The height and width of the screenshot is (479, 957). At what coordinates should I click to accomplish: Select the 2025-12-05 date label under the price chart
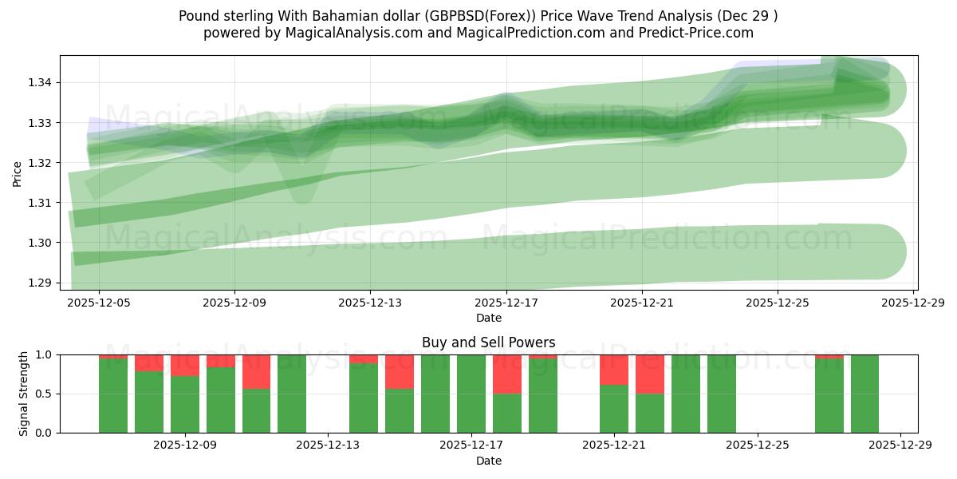click(99, 303)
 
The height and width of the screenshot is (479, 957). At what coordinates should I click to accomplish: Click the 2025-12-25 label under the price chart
click(778, 303)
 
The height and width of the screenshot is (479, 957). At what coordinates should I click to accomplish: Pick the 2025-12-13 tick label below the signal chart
click(328, 446)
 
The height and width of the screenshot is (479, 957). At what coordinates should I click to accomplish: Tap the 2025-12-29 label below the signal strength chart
click(900, 446)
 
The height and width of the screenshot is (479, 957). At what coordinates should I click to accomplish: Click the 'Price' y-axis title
click(18, 172)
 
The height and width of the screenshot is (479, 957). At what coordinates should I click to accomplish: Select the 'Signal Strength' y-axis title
click(23, 394)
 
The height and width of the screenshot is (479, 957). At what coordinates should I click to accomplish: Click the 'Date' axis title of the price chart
click(488, 318)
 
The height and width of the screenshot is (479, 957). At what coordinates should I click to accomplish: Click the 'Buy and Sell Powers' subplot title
click(488, 342)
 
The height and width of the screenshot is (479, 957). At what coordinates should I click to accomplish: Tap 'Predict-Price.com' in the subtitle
click(702, 33)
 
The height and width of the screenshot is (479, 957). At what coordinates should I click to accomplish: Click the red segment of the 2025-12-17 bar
click(506, 374)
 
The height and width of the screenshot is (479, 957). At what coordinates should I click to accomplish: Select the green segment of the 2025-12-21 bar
click(614, 409)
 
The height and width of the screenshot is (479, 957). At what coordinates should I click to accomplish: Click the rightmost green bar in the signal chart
click(864, 394)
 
